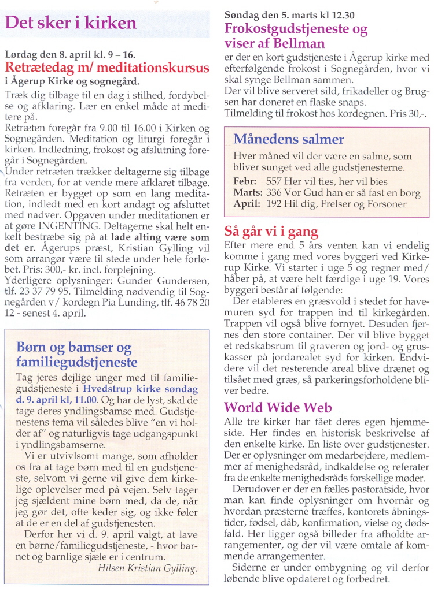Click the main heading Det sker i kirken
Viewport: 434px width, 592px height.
tap(70, 24)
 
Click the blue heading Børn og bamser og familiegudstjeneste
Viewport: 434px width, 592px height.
tap(76, 355)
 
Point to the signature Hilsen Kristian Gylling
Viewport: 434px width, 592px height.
tap(148, 567)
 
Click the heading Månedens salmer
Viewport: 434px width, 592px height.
tap(288, 139)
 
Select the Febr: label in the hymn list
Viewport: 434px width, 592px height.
tap(245, 181)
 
